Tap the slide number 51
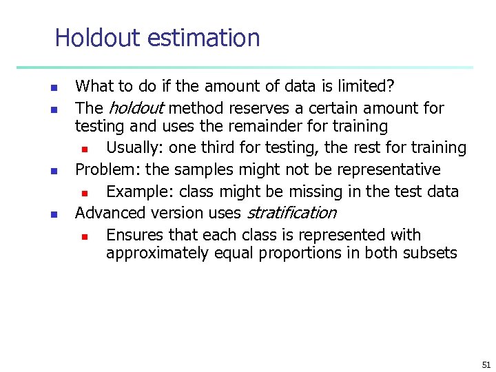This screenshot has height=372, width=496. click(x=486, y=364)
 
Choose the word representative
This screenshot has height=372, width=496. click(x=390, y=169)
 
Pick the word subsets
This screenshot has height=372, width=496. click(x=431, y=254)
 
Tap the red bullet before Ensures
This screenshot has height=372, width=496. click(x=84, y=236)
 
